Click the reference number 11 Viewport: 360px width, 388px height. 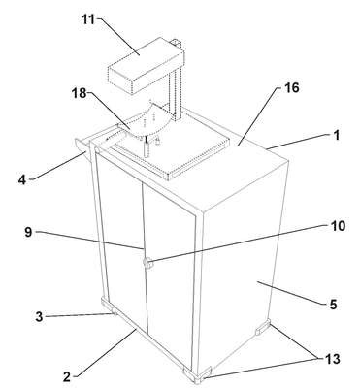coord(89,19)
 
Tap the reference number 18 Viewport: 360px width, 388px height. coord(80,93)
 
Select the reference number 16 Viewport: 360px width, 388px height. coord(292,88)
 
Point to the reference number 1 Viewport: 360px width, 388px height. coord(337,135)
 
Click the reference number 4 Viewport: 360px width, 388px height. coord(22,180)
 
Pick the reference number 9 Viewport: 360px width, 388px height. coord(28,233)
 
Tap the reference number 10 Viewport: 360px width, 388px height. coord(338,226)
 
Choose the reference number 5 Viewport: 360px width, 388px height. coord(333,304)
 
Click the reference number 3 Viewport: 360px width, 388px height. coord(39,316)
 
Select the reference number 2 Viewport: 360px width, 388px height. coord(67,376)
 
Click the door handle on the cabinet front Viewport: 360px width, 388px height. coord(148,264)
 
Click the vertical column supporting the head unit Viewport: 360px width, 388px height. coord(176,89)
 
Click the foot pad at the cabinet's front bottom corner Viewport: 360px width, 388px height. coord(197,375)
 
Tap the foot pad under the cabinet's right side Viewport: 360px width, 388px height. coord(263,327)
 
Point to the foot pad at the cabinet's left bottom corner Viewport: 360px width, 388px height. coord(109,306)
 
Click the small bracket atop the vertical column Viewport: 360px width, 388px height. coord(177,43)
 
